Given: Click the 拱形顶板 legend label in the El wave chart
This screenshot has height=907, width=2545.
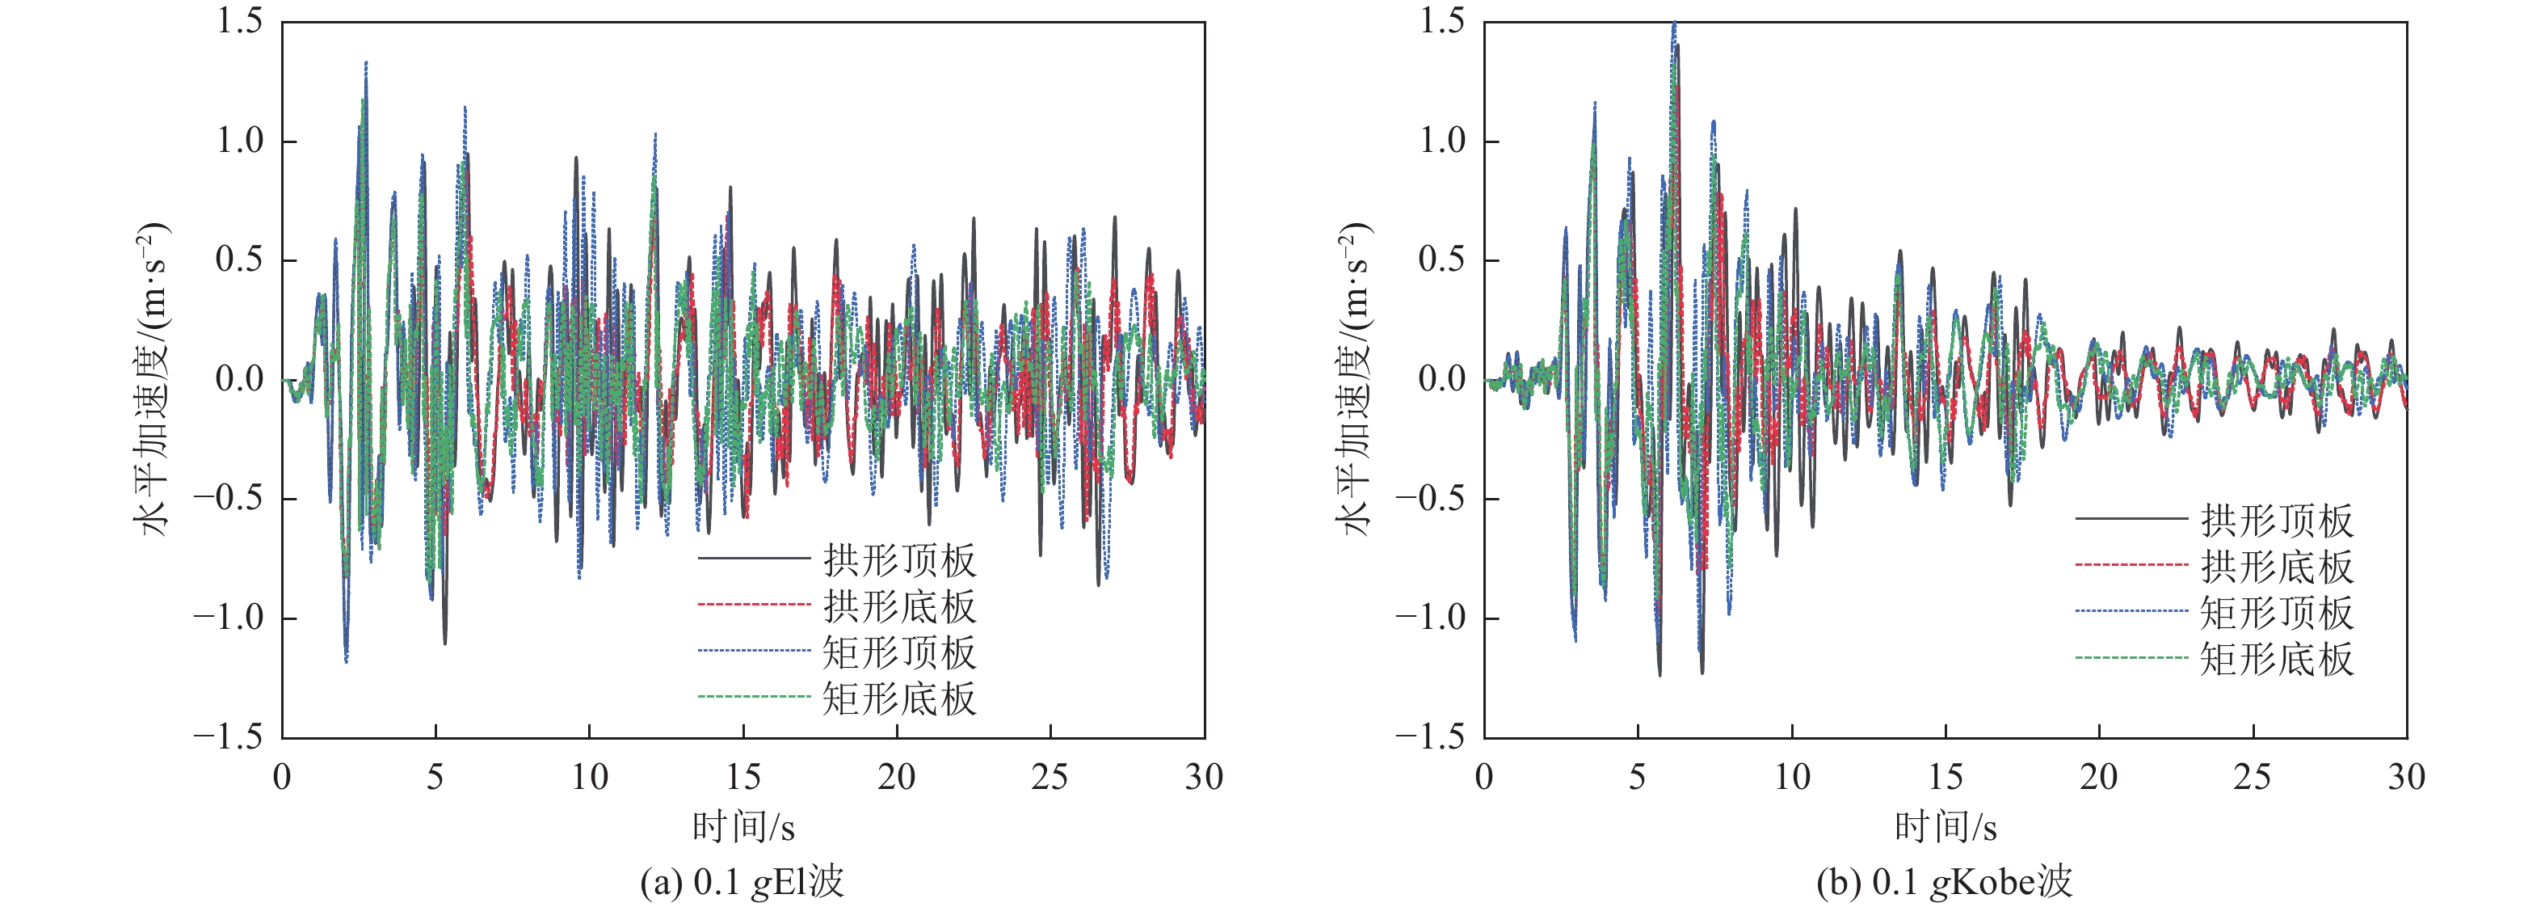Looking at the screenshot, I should coord(899,560).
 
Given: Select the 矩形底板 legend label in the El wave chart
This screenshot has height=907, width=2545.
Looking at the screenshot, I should coord(899,698).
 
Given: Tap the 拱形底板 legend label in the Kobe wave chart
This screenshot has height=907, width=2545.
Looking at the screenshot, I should coord(2276,566).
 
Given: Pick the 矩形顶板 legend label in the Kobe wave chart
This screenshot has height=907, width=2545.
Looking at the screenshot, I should coord(2276,613).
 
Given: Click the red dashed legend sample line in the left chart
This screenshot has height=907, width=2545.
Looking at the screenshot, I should coord(754,605).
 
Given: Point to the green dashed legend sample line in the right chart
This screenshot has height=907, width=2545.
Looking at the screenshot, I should coord(2131,658).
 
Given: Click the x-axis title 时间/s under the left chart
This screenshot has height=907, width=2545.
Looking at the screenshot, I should coord(743,826).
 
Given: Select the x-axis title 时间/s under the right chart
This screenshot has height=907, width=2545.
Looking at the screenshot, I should coord(1946,826).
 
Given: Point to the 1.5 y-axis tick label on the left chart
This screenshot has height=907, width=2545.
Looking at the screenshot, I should coord(240,21).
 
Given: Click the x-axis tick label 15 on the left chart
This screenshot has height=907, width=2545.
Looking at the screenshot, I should coord(743,778).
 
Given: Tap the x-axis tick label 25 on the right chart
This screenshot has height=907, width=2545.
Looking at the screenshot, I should coord(2253,778).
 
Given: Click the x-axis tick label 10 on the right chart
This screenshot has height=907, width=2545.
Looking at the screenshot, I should coord(1792,778).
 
